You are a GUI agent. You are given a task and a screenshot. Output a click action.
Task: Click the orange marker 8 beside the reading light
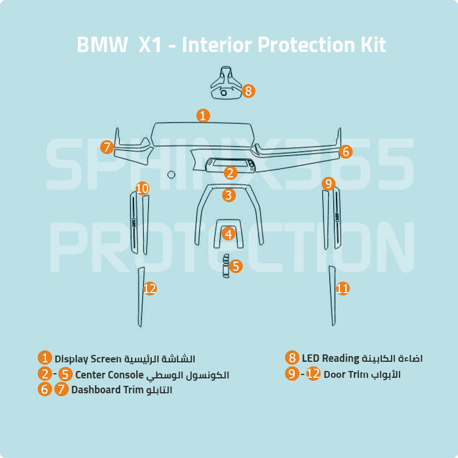coord(248,90)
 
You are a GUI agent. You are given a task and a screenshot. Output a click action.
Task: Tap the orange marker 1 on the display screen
coord(203,115)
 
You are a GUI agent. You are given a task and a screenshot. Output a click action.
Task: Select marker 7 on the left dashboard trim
coord(107,147)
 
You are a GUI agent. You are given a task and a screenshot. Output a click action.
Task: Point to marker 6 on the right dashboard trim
coord(345,152)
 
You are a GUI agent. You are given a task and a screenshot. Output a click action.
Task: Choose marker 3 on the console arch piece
coord(229,195)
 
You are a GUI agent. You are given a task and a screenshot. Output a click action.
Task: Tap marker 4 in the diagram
coord(229,234)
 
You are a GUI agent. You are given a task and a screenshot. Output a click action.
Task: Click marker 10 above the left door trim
coord(143,188)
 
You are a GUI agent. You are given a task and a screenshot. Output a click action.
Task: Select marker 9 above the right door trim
coord(328,184)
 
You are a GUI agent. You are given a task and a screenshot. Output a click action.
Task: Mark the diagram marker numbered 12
coord(149,289)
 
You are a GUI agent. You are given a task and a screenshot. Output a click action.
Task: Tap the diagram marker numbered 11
coord(342,289)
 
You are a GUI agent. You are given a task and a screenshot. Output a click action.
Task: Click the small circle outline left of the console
coord(170,174)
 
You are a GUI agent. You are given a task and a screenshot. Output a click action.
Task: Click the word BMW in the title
coord(102,45)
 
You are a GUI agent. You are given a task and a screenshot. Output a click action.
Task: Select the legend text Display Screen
coord(88,359)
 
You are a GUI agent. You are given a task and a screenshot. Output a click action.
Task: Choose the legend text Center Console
coord(109,375)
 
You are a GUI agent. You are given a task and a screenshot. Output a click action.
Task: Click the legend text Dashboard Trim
coord(106,390)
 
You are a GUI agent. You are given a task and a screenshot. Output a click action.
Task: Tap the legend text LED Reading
coord(331,358)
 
